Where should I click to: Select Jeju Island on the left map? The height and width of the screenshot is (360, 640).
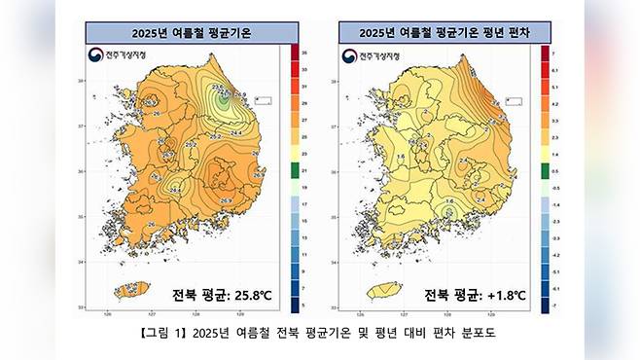pyautogui.click(x=133, y=289)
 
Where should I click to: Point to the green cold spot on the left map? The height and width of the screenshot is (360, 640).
pyautogui.click(x=224, y=97)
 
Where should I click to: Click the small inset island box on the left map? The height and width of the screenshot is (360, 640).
pyautogui.click(x=262, y=99)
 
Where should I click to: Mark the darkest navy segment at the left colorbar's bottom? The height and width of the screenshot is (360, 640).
pyautogui.click(x=293, y=306)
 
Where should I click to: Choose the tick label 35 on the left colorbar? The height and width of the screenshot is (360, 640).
pyautogui.click(x=304, y=52)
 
